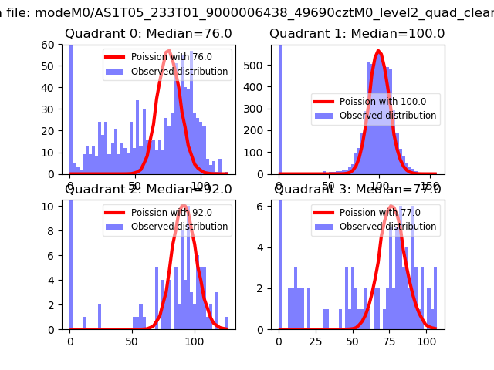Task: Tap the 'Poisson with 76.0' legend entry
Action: [x=171, y=57]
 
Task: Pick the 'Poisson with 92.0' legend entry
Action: [x=171, y=212]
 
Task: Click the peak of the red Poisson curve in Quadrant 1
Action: [x=378, y=52]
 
